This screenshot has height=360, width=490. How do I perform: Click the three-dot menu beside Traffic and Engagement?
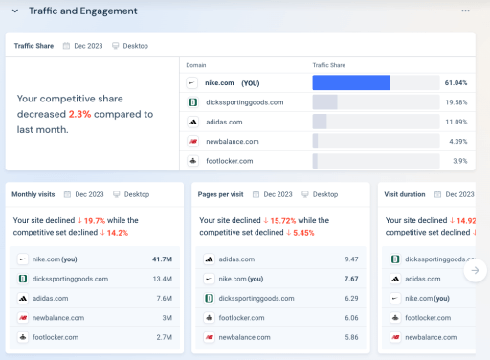coord(466,11)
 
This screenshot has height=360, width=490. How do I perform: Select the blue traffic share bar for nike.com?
coord(350,82)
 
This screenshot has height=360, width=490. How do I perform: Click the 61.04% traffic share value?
coord(456,83)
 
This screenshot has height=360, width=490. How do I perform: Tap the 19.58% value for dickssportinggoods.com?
coord(456,102)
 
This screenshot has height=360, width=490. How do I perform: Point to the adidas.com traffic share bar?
coord(320,122)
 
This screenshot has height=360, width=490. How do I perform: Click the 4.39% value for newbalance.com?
coord(457,142)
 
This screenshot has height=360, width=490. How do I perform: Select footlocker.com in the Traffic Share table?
coord(229,161)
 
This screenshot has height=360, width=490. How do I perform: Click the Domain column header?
coord(195,64)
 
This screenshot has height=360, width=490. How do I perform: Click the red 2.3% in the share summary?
coord(79,114)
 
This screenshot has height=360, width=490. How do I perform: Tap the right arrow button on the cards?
coord(475,271)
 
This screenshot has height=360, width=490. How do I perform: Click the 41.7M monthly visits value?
coord(162,259)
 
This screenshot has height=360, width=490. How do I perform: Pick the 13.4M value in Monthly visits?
coord(161,279)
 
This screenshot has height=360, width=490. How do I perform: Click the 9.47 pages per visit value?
coord(351,259)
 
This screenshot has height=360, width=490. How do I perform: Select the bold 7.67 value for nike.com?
coord(351,279)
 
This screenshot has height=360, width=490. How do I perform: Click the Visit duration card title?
coord(404,194)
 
